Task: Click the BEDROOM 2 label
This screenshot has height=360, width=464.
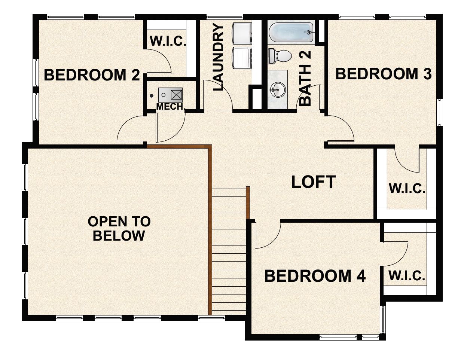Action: (92, 75)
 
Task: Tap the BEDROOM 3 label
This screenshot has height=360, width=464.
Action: (383, 74)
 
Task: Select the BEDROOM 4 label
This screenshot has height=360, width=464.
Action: (315, 276)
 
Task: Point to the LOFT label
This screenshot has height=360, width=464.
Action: (313, 182)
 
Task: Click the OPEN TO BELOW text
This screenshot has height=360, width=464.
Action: (119, 229)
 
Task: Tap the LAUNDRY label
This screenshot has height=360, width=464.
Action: (218, 57)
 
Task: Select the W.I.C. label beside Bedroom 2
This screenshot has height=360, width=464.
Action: (168, 41)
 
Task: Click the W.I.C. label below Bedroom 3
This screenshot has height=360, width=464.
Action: (407, 188)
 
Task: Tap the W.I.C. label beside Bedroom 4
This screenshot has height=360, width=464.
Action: (407, 276)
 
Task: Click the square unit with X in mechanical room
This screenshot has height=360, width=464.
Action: (176, 95)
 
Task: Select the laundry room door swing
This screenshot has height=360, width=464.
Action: (217, 96)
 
